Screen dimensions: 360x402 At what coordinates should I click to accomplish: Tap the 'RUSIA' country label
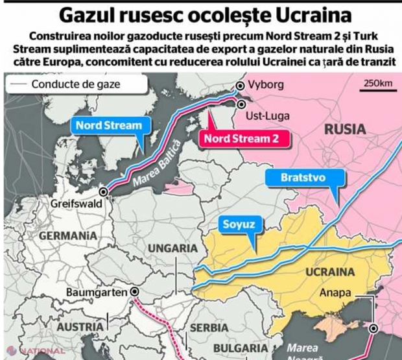click(x=344, y=130)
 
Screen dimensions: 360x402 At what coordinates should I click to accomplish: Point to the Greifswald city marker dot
click(x=104, y=191)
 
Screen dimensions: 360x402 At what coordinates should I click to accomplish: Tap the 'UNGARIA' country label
click(x=172, y=248)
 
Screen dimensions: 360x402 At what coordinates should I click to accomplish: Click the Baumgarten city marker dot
click(x=135, y=293)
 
